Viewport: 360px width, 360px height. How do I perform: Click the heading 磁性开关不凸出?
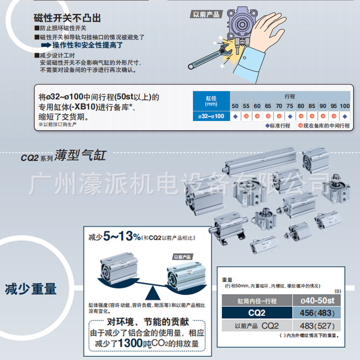tap(67, 19)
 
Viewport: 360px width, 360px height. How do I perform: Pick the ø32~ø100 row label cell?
tap(211, 116)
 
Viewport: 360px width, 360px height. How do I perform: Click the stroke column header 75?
tap(289, 106)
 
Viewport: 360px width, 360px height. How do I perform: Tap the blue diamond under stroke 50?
tap(235, 116)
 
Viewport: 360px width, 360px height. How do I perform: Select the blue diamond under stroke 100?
tap(344, 116)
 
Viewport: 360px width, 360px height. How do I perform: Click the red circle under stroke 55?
tap(246, 116)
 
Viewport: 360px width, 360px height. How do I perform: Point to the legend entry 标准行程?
tap(278, 126)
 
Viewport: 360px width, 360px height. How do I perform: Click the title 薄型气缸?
tap(80, 156)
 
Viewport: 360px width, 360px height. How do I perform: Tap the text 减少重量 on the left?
tap(31, 288)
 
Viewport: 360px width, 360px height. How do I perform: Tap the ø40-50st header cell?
tap(317, 301)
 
